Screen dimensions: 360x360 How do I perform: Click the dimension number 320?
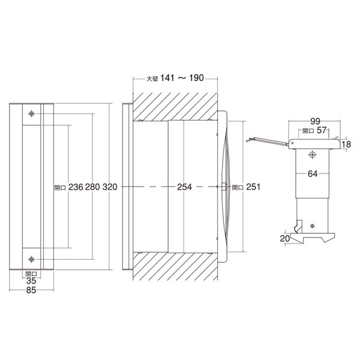(110, 187)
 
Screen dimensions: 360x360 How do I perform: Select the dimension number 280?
(92, 187)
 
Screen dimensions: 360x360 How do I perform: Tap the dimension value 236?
(76, 187)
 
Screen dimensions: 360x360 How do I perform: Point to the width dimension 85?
(31, 290)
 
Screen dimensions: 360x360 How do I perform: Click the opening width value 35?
(31, 281)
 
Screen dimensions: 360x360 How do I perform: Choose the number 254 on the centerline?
(184, 187)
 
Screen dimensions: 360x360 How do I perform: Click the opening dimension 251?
(253, 187)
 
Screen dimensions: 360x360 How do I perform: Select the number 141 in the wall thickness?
(167, 78)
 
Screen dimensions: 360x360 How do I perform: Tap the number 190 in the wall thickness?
(196, 78)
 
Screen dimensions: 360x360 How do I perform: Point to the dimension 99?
(315, 121)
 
